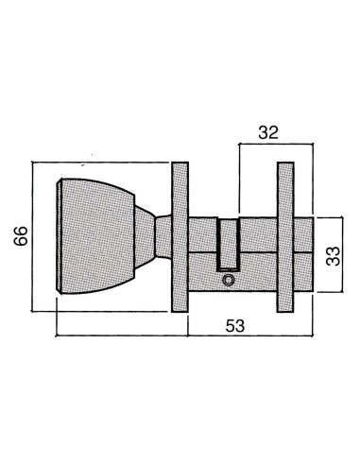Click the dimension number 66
21,235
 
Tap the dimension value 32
268,132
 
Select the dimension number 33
333,256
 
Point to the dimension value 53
235,326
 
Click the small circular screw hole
228,280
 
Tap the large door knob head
97,236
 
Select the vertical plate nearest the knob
180,237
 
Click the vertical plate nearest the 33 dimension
285,237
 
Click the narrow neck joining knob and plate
163,236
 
